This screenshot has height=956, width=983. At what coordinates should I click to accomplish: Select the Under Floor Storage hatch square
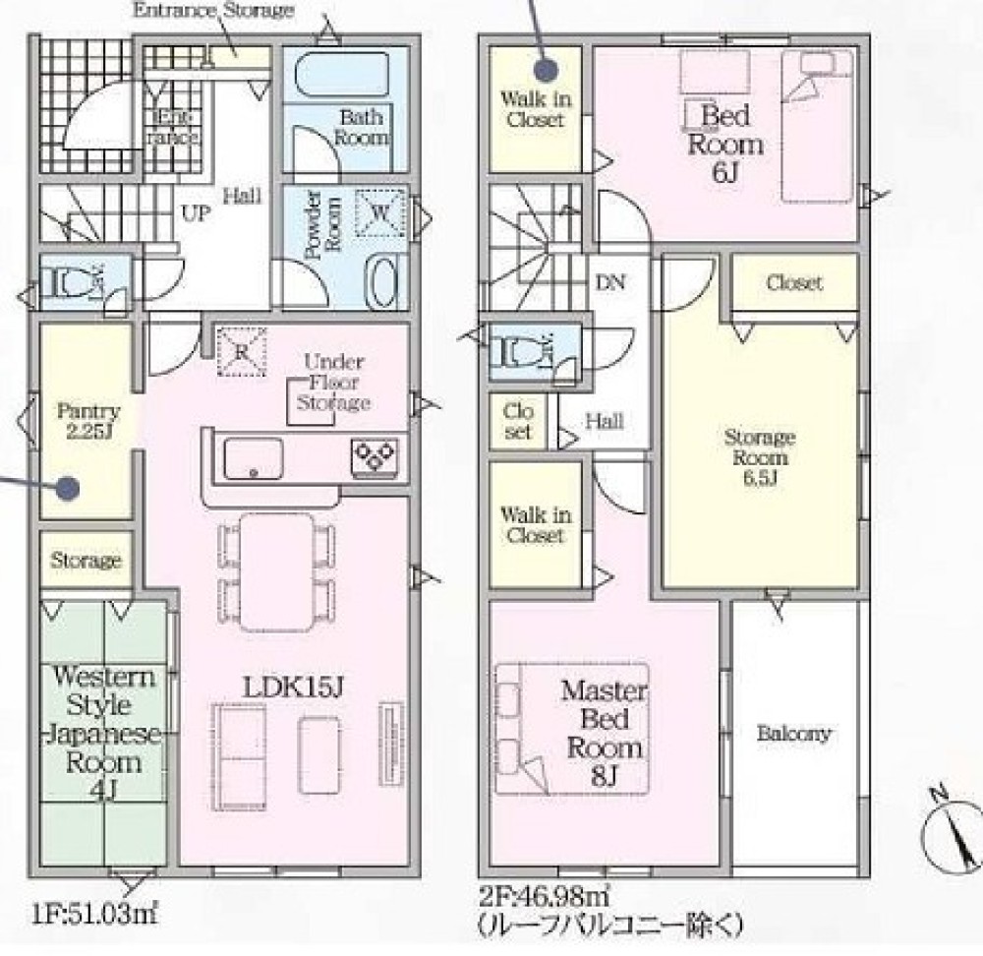pyautogui.click(x=311, y=401)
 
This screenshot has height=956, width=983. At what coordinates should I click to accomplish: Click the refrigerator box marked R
pyautogui.click(x=242, y=352)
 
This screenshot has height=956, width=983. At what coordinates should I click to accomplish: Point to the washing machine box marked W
pyautogui.click(x=379, y=212)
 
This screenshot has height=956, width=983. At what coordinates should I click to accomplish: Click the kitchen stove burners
pyautogui.click(x=375, y=455)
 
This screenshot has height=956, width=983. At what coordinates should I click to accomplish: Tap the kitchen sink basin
pyautogui.click(x=254, y=457)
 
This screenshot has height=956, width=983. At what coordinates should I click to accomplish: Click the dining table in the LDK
pyautogui.click(x=276, y=572)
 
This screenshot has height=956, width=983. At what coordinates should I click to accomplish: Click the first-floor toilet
pyautogui.click(x=74, y=282)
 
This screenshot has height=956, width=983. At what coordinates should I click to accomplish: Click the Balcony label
pyautogui.click(x=793, y=734)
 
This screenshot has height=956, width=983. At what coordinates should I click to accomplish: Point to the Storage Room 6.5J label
pyautogui.click(x=760, y=457)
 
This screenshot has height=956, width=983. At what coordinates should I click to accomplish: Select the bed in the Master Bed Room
pyautogui.click(x=572, y=729)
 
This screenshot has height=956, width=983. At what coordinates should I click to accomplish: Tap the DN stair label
pyautogui.click(x=610, y=282)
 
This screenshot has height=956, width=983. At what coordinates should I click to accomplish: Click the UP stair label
pyautogui.click(x=197, y=213)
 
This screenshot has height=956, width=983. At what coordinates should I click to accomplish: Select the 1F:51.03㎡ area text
pyautogui.click(x=94, y=914)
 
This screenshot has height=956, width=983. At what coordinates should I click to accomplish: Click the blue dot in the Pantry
pyautogui.click(x=66, y=488)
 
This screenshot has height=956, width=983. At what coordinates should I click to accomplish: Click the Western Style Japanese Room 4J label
pyautogui.click(x=103, y=734)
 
